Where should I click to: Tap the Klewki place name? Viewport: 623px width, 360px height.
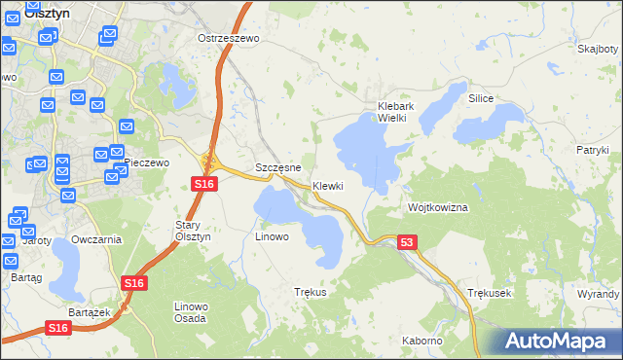(328, 186)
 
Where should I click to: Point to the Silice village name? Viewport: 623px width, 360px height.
(481, 99)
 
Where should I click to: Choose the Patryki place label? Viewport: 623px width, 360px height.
(592, 150)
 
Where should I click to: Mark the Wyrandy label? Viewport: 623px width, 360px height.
(598, 293)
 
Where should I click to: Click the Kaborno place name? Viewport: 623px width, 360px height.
(421, 341)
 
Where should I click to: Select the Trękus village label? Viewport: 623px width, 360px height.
(310, 292)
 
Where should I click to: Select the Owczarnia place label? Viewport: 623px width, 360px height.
(95, 239)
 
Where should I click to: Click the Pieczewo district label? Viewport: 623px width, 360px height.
(147, 162)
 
